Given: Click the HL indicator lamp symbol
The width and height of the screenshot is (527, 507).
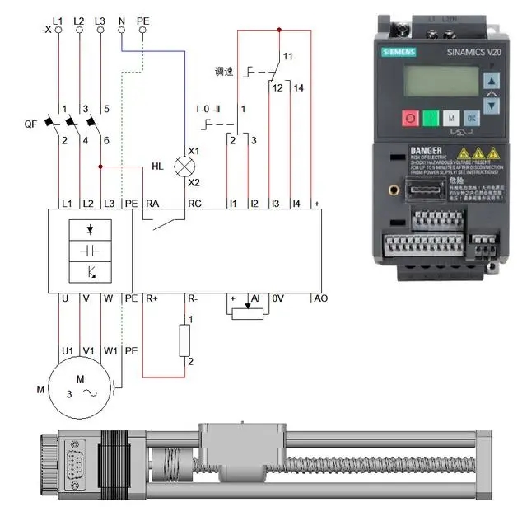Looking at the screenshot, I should click(x=183, y=166).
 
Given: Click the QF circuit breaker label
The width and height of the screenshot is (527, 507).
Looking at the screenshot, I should click(x=30, y=124).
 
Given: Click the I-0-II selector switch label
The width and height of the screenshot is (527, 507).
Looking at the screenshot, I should click(x=209, y=109).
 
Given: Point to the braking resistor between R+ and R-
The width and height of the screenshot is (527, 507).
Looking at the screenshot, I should click(x=184, y=340).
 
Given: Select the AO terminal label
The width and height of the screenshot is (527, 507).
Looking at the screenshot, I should click(x=319, y=298).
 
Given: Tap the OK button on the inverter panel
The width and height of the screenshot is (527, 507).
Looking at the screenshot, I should click(x=471, y=118).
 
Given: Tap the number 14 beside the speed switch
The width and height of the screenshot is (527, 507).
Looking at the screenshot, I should click(x=298, y=87).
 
